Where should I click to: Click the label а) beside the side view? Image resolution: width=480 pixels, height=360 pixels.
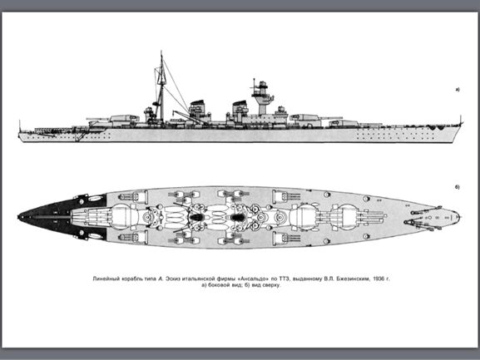tap(458, 90)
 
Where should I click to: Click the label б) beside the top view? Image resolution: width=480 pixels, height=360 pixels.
tap(458, 187)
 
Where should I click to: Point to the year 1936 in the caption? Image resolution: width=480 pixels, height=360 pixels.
tap(379, 279)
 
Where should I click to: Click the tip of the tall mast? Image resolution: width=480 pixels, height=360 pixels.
tap(161, 52)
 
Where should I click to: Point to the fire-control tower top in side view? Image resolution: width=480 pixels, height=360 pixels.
tap(262, 85)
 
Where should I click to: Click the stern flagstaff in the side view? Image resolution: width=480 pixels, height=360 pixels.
tap(20, 126)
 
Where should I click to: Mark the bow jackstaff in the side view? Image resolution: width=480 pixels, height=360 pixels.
tap(460, 120)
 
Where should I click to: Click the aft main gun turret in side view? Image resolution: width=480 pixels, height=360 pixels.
tap(121, 119)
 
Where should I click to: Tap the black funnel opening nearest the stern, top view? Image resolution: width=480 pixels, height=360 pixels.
tap(196, 217)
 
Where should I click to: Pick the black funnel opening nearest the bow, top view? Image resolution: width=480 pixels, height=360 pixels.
tap(238, 217)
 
